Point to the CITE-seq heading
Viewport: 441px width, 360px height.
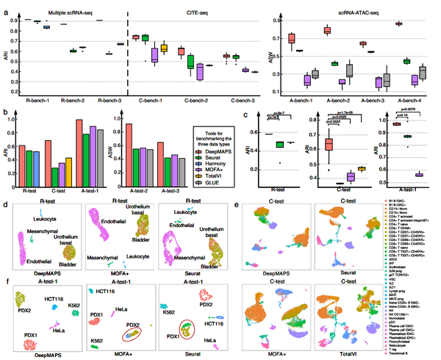pyautogui.click(x=189, y=12)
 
